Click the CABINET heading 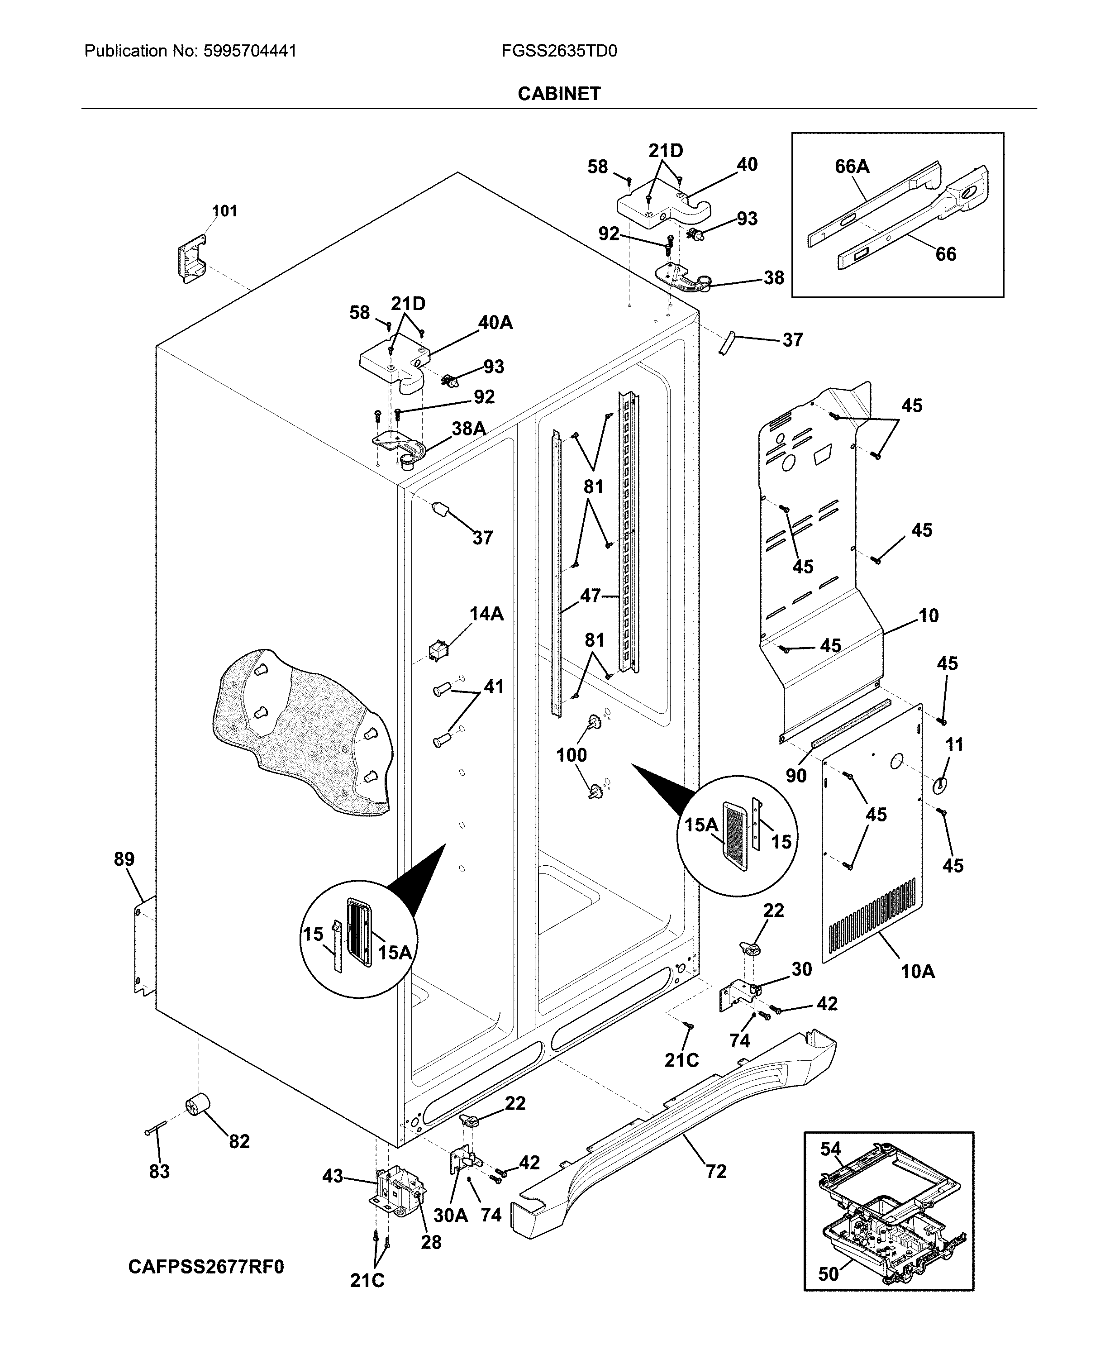pyautogui.click(x=558, y=94)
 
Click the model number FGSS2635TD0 pyautogui.click(x=559, y=51)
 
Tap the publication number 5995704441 pyautogui.click(x=249, y=51)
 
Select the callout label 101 pyautogui.click(x=224, y=211)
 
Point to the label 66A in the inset pyautogui.click(x=852, y=167)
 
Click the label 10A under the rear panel pyautogui.click(x=917, y=971)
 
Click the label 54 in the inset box pyautogui.click(x=830, y=1149)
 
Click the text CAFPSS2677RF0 pyautogui.click(x=206, y=1267)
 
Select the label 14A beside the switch pyautogui.click(x=486, y=614)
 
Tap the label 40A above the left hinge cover pyautogui.click(x=495, y=323)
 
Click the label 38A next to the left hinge pyautogui.click(x=468, y=429)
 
